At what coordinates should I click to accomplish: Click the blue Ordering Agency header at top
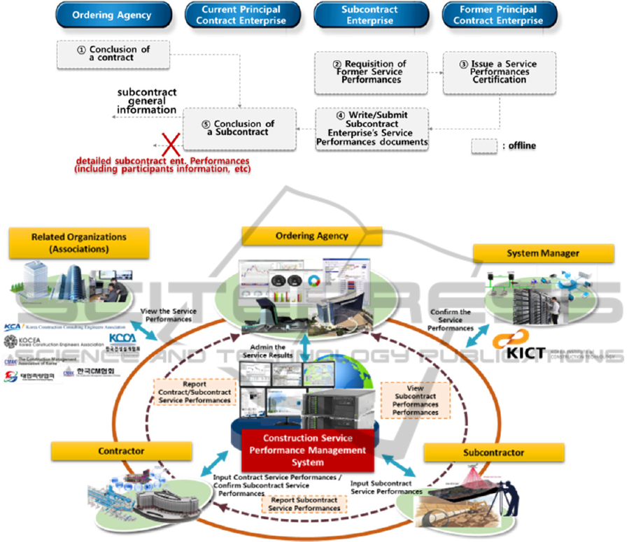pyautogui.click(x=113, y=15)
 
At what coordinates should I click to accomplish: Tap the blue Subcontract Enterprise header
pyautogui.click(x=370, y=15)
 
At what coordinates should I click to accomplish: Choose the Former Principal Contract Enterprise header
pyautogui.click(x=498, y=15)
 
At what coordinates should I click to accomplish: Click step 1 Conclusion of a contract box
pyautogui.click(x=113, y=54)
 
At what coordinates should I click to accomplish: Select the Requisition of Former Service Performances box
pyautogui.click(x=370, y=72)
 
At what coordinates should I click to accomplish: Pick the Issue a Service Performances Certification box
pyautogui.click(x=498, y=72)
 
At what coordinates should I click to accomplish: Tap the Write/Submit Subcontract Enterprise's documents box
pyautogui.click(x=372, y=129)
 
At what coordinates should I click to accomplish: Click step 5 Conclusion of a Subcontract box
pyautogui.click(x=239, y=129)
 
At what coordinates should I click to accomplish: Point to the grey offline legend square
pyautogui.click(x=483, y=145)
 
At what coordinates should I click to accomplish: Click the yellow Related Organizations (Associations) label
pyautogui.click(x=79, y=242)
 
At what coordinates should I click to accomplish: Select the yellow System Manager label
pyautogui.click(x=543, y=253)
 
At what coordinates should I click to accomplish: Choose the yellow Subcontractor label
pyautogui.click(x=493, y=452)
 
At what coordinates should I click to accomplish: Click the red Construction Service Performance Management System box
pyautogui.click(x=307, y=450)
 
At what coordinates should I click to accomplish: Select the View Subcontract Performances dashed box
pyautogui.click(x=416, y=401)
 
